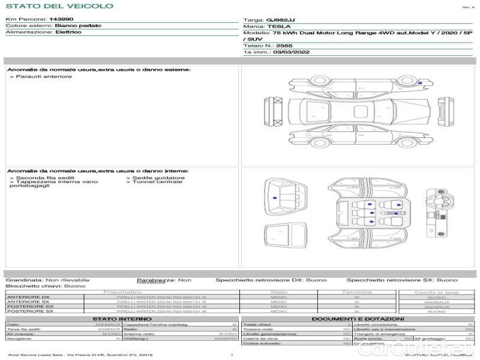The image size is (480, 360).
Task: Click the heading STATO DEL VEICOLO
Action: [59, 6]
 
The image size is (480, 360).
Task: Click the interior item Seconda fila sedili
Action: [41, 178]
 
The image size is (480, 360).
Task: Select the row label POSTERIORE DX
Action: [29, 307]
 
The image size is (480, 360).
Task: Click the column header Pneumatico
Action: [123, 292]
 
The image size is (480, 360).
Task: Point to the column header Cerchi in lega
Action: [436, 292]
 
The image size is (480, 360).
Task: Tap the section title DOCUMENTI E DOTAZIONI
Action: [358, 319]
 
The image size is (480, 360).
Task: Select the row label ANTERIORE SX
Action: [28, 302]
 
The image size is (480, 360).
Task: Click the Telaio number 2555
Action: [284, 46]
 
